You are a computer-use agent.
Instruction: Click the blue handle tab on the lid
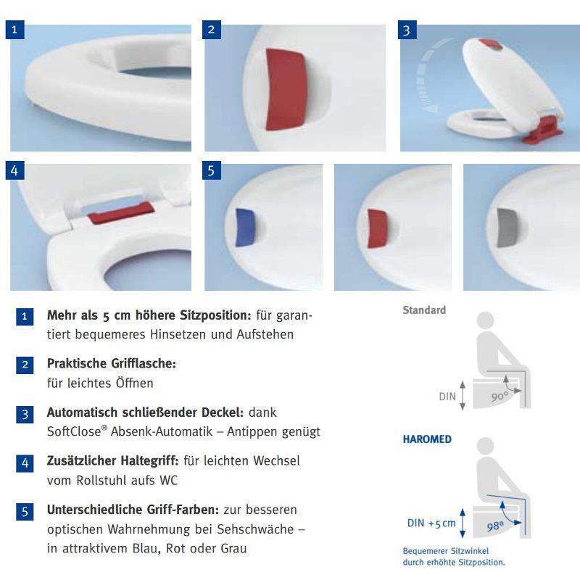point(245,228)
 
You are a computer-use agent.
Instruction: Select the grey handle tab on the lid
point(506,228)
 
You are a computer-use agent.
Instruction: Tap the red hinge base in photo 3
point(542,130)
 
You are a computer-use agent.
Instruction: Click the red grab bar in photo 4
point(121,213)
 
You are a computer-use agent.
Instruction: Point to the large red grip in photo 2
point(285,89)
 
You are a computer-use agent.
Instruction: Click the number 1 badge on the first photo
point(14,30)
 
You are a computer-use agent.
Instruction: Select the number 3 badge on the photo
point(407,30)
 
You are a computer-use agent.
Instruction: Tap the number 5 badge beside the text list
point(25,512)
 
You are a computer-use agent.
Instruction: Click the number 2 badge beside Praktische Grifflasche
point(25,365)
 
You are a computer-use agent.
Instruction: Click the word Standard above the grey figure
point(424,310)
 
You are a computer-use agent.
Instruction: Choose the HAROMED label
point(427,439)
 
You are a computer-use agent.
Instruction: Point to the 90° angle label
point(500,396)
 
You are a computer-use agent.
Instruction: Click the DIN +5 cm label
point(431,523)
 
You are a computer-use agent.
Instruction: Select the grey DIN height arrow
point(463,395)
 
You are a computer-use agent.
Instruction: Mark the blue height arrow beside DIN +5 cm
point(463,523)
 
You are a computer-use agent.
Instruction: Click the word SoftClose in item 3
point(74,431)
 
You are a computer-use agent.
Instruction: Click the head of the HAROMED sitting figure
point(485,446)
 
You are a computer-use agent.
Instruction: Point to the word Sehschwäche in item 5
point(255,529)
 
